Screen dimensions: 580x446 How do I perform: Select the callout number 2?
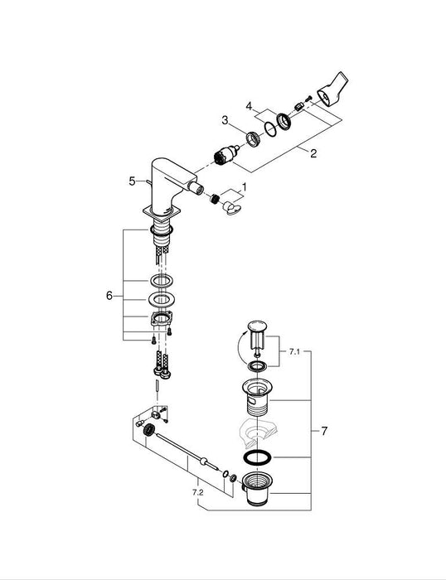tap(313, 153)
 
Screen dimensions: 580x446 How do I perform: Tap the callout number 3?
tap(223, 121)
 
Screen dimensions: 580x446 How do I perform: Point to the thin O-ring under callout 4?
tap(269, 128)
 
